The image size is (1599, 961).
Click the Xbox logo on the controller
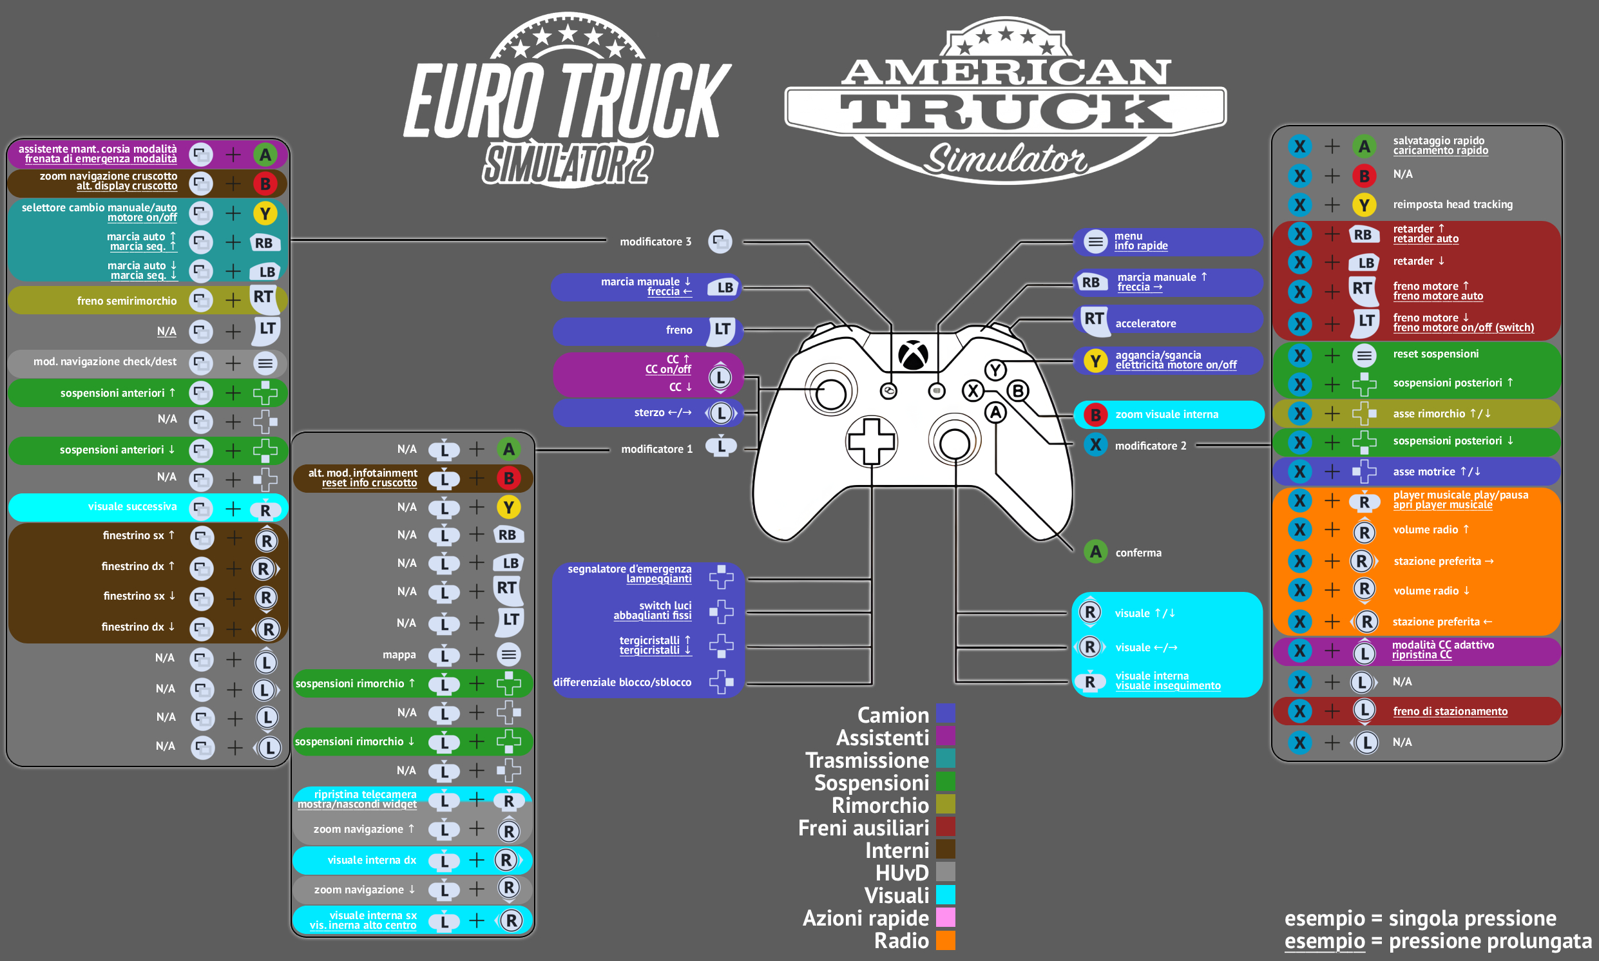pos(913,355)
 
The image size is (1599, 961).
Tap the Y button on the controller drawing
pos(995,370)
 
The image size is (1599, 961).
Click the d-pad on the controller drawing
pos(872,442)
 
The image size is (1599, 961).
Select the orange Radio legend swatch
pos(946,940)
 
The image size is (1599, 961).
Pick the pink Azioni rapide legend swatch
pos(946,918)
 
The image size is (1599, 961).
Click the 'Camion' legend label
pos(893,715)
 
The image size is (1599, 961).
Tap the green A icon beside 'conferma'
pos(1096,552)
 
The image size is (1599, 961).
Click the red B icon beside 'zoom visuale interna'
pos(1096,414)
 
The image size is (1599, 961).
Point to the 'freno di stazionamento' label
pos(1450,711)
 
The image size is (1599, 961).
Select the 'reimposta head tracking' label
pos(1453,205)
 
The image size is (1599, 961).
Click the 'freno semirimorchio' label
pos(127,301)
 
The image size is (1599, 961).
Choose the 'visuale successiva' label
pos(132,506)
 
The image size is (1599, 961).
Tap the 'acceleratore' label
pos(1145,323)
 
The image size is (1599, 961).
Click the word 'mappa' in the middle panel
pos(399,654)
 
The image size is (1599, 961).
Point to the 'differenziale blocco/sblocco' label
pos(622,682)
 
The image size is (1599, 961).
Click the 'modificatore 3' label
pos(655,242)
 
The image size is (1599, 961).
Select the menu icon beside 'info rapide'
pos(1096,242)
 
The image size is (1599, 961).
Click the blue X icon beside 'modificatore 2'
pos(1096,445)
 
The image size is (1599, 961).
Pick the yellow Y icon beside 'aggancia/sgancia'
pos(1096,361)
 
